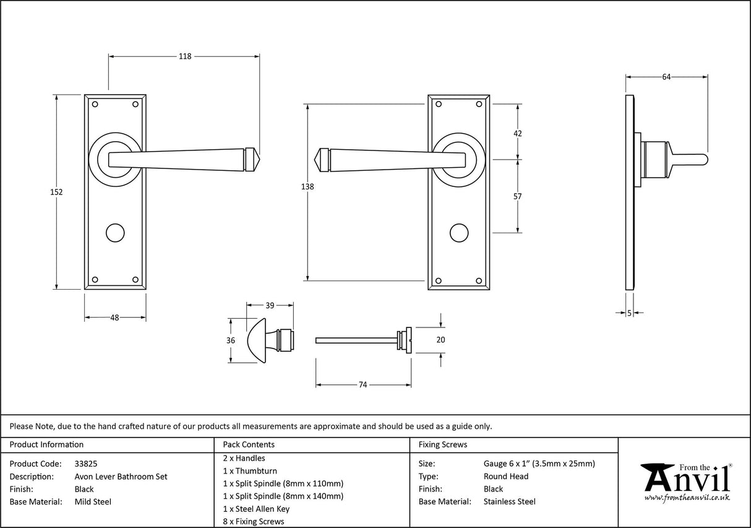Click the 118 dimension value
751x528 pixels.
click(x=184, y=56)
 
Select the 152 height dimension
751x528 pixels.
click(x=56, y=192)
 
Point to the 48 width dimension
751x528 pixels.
click(x=114, y=318)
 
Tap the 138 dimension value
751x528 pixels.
click(x=307, y=187)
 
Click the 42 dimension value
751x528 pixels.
click(x=518, y=134)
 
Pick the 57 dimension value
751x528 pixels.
click(x=518, y=197)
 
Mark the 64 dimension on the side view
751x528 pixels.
click(x=666, y=77)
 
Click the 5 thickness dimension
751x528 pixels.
click(x=629, y=314)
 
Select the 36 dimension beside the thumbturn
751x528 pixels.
click(x=231, y=340)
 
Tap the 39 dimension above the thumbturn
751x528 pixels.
click(x=270, y=305)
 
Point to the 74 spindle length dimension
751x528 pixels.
click(x=363, y=385)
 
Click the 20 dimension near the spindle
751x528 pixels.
click(x=440, y=339)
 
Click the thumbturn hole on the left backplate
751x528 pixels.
click(x=114, y=233)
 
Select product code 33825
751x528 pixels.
click(x=85, y=464)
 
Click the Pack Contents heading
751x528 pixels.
click(x=249, y=444)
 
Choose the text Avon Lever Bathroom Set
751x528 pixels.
click(x=121, y=477)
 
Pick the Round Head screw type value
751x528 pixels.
click(x=505, y=477)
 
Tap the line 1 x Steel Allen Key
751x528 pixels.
click(x=256, y=509)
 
